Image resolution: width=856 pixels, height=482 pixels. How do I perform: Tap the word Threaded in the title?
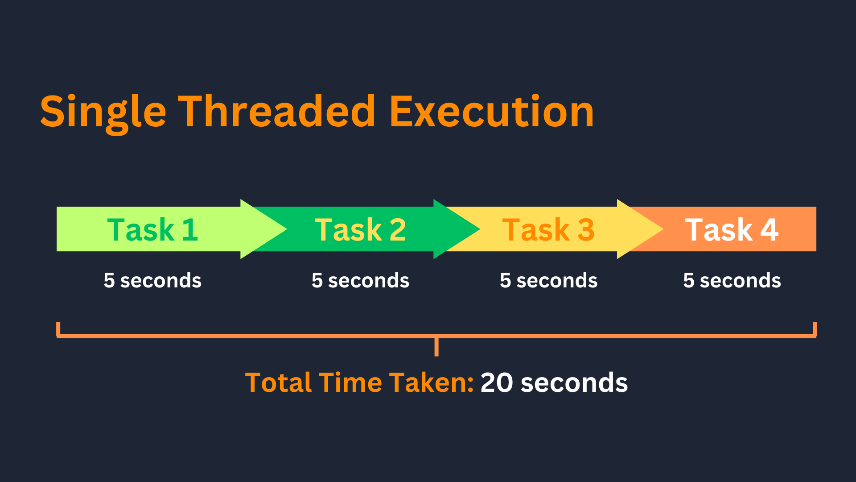point(277,111)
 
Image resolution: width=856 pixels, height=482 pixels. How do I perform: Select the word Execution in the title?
point(492,111)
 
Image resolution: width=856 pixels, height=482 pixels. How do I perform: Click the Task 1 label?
point(152,230)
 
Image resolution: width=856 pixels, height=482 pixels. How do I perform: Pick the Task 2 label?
point(360,230)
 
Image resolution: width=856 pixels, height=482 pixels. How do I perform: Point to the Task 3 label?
point(548,230)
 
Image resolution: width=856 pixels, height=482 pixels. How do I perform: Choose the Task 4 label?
point(732,230)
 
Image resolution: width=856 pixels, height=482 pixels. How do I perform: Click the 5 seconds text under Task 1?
point(152,281)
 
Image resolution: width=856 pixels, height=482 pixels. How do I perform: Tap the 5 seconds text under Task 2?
point(360,281)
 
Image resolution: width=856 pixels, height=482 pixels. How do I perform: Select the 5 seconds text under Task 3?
point(548,281)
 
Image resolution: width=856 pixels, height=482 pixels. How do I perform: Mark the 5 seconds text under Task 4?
point(732,281)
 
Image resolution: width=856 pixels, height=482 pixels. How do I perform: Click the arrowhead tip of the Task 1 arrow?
point(287,229)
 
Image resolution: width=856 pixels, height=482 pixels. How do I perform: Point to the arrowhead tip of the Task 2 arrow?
point(480,229)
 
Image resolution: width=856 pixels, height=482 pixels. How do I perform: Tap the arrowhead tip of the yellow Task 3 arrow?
point(663,229)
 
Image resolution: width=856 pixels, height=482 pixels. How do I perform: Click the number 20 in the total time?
point(497,383)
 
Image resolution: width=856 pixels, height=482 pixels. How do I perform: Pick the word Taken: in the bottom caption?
point(431,382)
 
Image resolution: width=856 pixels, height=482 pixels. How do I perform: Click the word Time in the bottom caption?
point(350,382)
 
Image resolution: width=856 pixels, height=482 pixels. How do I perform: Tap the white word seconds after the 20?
point(574,383)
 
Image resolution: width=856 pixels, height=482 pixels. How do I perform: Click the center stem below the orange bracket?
point(436,347)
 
